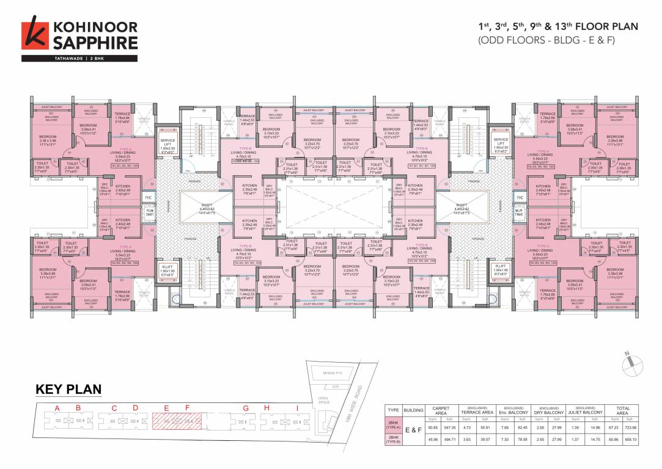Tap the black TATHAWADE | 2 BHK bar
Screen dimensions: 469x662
tap(79, 59)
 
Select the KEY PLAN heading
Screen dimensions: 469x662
tap(68, 390)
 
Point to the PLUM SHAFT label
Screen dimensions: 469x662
tap(150, 211)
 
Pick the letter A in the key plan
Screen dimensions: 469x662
tap(57, 408)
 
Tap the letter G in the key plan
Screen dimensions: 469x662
tap(246, 408)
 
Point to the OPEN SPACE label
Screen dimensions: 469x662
tap(323, 401)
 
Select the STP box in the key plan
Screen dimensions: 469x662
tap(335, 386)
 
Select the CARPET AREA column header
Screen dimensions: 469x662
tap(441, 411)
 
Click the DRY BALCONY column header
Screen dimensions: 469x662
tap(548, 411)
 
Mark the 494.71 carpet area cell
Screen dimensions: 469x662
tap(449, 440)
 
